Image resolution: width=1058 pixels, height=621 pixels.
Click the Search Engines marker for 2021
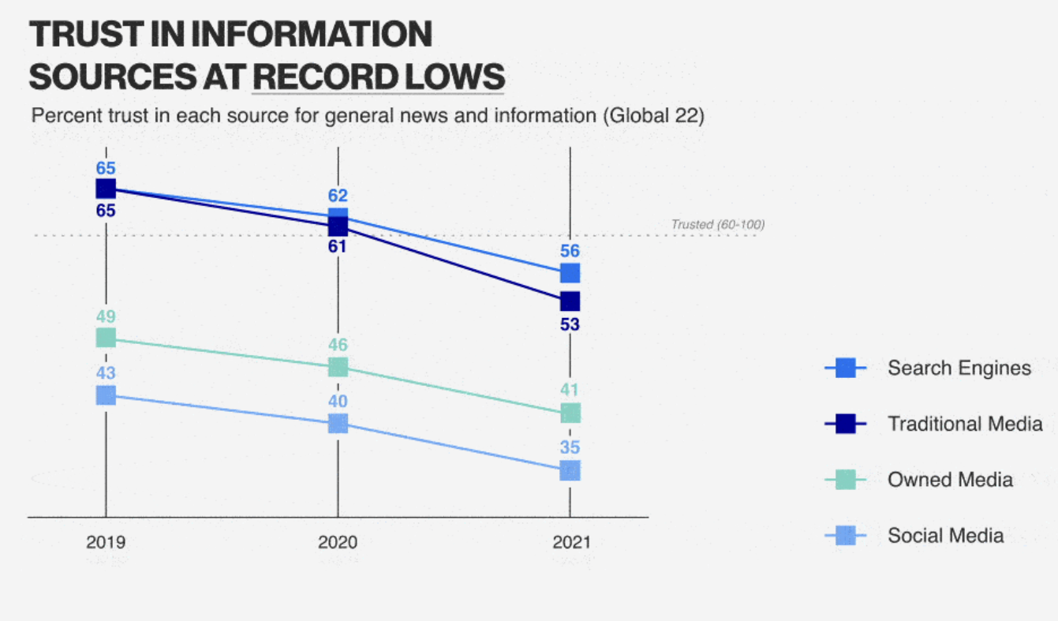click(570, 273)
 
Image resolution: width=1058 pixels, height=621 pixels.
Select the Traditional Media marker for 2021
click(570, 301)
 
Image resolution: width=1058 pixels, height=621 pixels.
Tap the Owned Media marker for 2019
click(106, 338)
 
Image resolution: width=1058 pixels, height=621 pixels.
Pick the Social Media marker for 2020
click(338, 424)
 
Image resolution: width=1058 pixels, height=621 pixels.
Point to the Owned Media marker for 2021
click(570, 413)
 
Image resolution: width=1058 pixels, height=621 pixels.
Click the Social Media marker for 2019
click(106, 395)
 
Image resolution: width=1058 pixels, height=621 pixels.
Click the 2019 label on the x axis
click(106, 543)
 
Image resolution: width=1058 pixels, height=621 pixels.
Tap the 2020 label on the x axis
click(338, 543)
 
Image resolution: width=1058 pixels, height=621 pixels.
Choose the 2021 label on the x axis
click(570, 543)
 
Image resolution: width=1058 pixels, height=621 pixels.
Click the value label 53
click(570, 324)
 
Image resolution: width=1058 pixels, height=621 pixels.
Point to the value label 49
click(106, 316)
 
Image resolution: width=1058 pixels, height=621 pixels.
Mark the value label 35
click(570, 447)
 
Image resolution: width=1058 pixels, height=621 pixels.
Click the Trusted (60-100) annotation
click(717, 225)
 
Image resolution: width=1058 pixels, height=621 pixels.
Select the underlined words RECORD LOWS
click(379, 77)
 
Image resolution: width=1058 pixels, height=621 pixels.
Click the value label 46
click(338, 345)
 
